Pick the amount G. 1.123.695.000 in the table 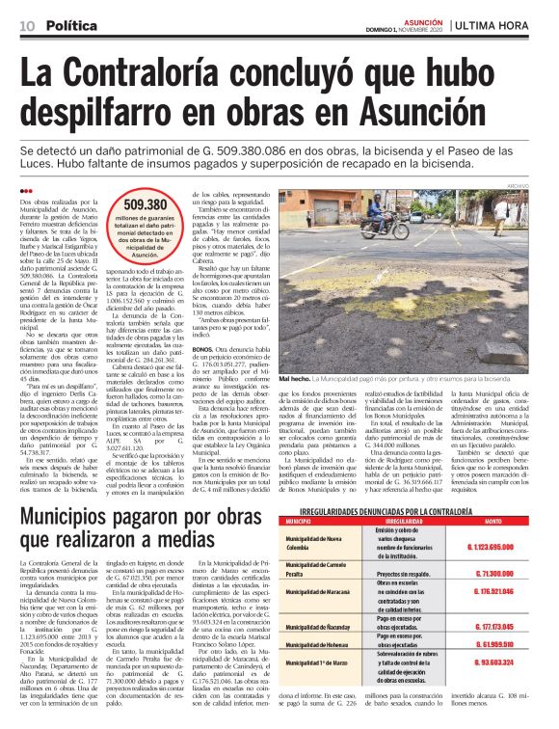click(x=494, y=546)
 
